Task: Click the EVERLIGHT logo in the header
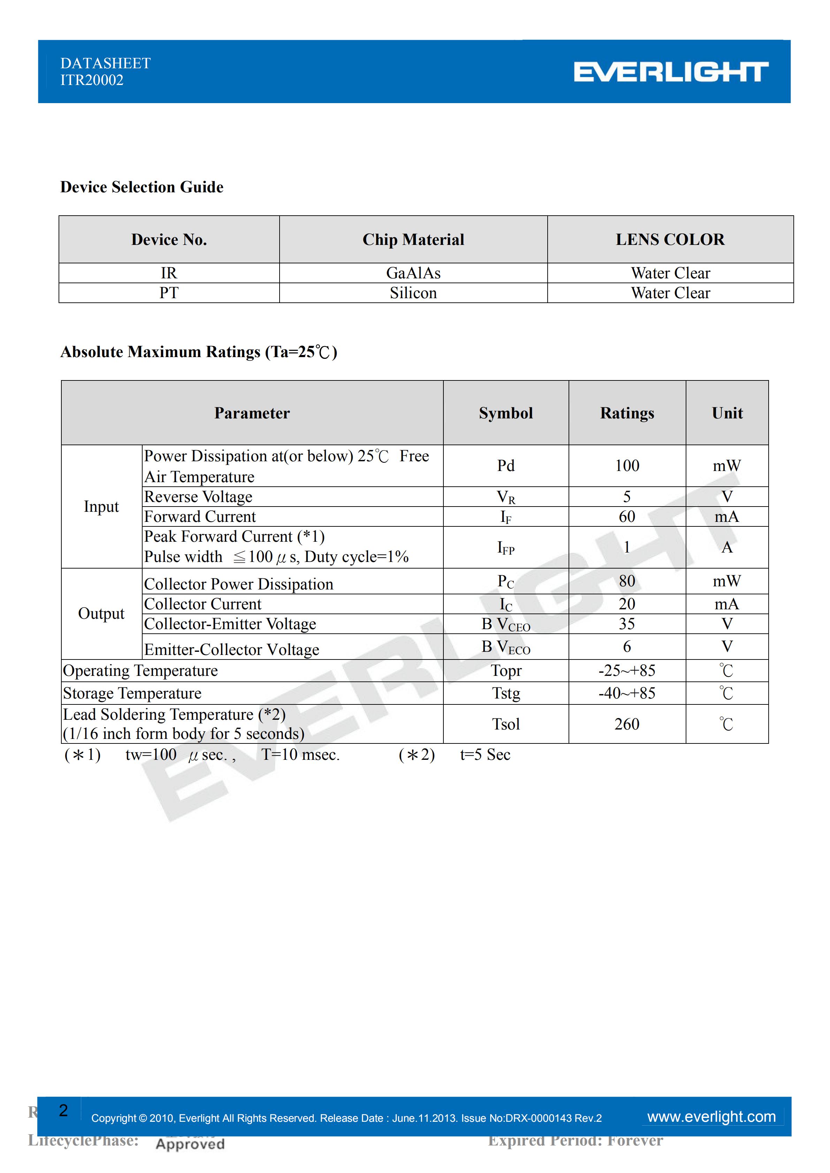coord(671,72)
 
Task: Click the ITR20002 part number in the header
coord(92,80)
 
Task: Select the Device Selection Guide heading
coord(142,187)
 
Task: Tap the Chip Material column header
coord(413,240)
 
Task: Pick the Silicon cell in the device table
coord(413,293)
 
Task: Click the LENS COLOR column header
coord(670,240)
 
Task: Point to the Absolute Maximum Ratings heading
coord(198,352)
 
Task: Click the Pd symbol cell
coord(505,466)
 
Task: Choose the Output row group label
coord(101,613)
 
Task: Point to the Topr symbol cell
coord(505,671)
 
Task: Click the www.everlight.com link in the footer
coord(711,1117)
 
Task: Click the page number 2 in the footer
coord(63,1110)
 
